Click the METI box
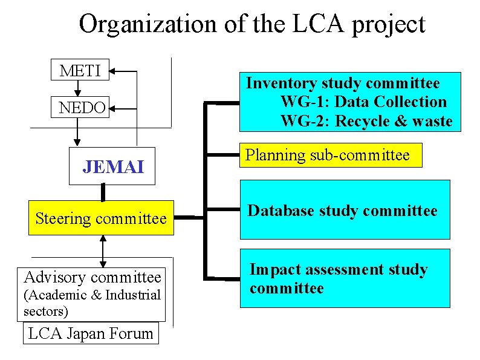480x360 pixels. coord(80,70)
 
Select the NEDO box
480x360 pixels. coord(82,108)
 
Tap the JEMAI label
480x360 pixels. coord(113,166)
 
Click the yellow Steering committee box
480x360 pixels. coord(101,218)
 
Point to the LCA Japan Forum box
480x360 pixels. coord(91,333)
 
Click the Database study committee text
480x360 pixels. coord(343,211)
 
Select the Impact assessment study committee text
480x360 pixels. coord(338,278)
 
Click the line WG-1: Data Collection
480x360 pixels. coord(363,102)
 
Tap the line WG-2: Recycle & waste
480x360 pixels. coord(366,121)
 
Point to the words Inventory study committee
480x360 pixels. coord(343,83)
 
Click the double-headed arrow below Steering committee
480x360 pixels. coord(103,251)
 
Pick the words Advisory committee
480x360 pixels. coord(92,278)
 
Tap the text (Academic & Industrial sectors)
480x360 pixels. coord(91,303)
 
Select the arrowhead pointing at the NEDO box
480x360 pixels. coord(115,109)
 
